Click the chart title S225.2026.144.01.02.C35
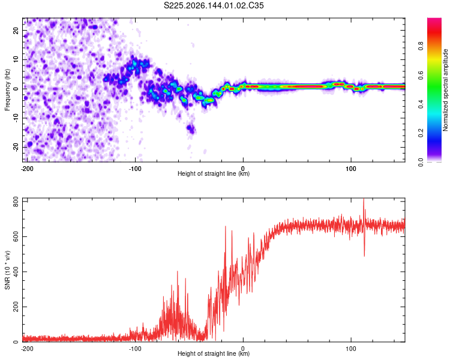[214, 5]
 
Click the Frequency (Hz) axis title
[7, 90]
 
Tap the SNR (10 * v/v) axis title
[7, 270]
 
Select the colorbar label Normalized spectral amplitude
[445, 90]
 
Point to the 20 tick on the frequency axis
[16, 31]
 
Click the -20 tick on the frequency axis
[16, 147]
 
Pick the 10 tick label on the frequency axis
[16, 59]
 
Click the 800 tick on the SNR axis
[16, 202]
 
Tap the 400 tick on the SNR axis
[16, 272]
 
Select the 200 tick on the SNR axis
[16, 307]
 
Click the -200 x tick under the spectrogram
[27, 169]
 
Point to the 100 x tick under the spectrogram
[351, 169]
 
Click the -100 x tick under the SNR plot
[135, 349]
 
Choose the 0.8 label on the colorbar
[421, 46]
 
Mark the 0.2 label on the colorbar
[421, 133]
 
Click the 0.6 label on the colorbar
[421, 75]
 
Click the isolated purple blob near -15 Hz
[191, 128]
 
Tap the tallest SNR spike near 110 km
[364, 199]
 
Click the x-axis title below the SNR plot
[214, 353]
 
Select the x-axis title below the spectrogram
[214, 173]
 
